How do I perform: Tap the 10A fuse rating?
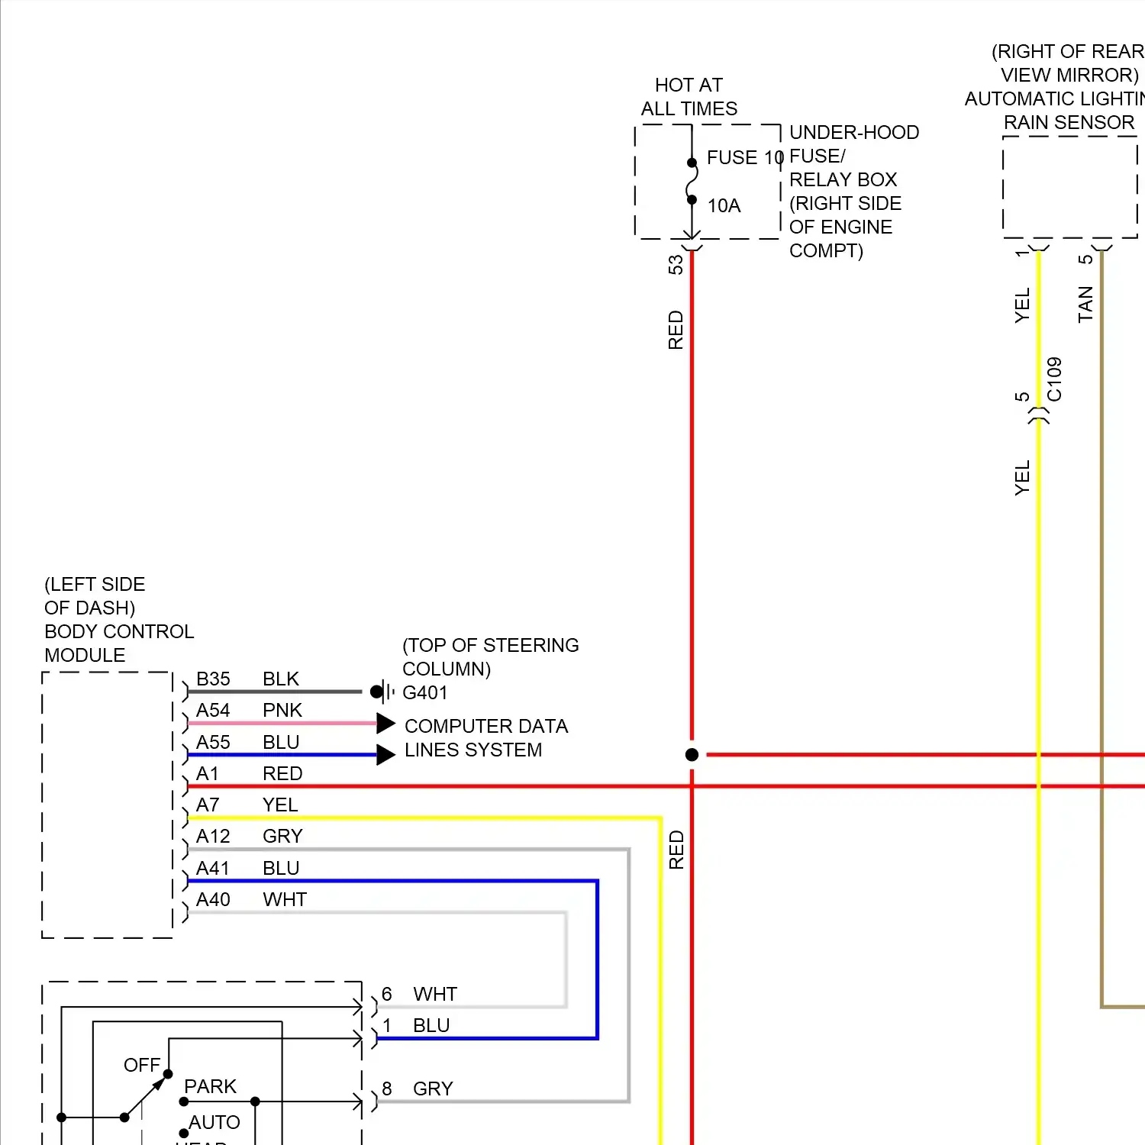click(x=724, y=206)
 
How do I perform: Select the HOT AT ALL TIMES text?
click(x=689, y=97)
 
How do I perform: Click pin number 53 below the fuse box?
click(x=676, y=265)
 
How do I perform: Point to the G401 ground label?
click(x=425, y=693)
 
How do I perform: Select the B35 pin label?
click(x=213, y=679)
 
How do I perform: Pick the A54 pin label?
click(x=213, y=711)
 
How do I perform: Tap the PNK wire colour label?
click(x=282, y=711)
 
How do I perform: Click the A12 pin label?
click(x=213, y=837)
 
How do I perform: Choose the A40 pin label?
click(x=213, y=900)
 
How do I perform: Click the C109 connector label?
click(x=1054, y=379)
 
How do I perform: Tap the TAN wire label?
click(x=1085, y=305)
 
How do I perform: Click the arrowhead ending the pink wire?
click(x=385, y=723)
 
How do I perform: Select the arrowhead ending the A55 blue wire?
click(x=385, y=755)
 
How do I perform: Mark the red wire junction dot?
click(x=692, y=755)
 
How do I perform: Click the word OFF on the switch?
click(x=142, y=1065)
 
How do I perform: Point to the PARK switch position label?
click(x=211, y=1086)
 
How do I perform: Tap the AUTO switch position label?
click(x=214, y=1123)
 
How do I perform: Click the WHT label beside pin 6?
click(x=435, y=995)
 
